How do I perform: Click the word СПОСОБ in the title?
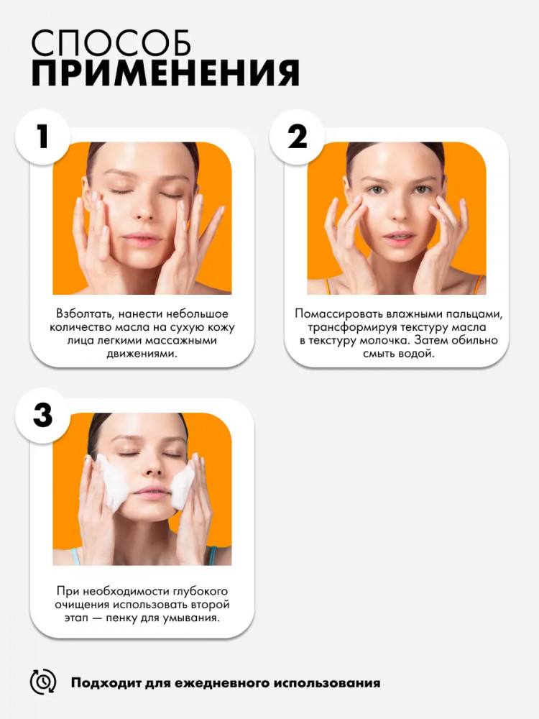coord(111,43)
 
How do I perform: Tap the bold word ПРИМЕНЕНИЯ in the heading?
coord(165,73)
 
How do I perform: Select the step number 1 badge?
coord(42,137)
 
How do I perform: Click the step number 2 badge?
coord(297,137)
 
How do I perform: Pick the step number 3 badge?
coord(42,416)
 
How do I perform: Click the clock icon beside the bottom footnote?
coord(43,682)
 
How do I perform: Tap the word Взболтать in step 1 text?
coord(86,314)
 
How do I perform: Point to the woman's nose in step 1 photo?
coord(144,209)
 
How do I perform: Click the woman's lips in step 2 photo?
coord(399,238)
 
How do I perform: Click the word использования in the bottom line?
coord(327,683)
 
